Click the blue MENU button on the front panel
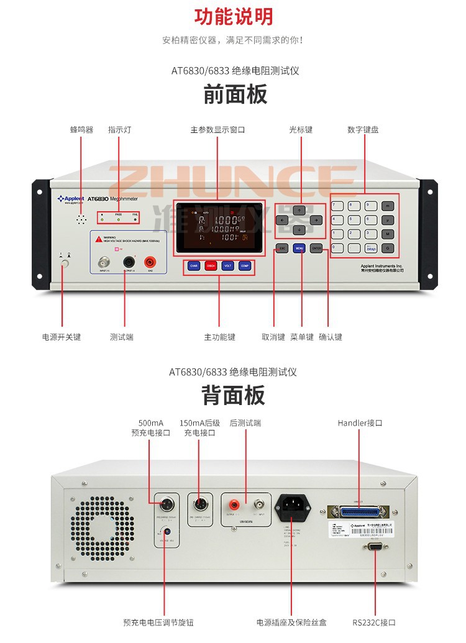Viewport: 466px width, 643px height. click(299, 249)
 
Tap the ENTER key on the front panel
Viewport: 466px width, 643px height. click(317, 249)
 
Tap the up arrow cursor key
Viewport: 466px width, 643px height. click(299, 209)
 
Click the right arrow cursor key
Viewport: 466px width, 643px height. click(316, 220)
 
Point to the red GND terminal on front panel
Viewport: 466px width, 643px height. click(150, 262)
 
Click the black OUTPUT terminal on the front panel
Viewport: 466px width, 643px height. click(129, 262)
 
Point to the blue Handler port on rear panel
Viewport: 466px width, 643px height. click(359, 512)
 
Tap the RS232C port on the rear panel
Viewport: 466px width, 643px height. click(375, 546)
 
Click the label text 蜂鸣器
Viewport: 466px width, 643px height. click(81, 130)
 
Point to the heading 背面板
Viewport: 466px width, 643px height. click(233, 395)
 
